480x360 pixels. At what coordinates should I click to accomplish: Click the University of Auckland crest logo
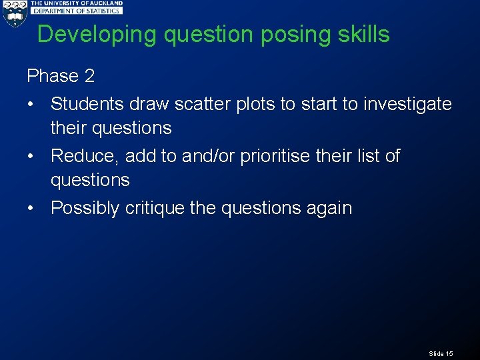click(14, 13)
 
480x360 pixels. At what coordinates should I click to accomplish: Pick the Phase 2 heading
click(61, 76)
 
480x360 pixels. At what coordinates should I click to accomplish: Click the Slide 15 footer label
click(441, 353)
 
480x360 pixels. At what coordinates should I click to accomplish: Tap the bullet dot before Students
click(31, 105)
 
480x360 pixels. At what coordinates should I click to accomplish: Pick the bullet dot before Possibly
click(31, 209)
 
